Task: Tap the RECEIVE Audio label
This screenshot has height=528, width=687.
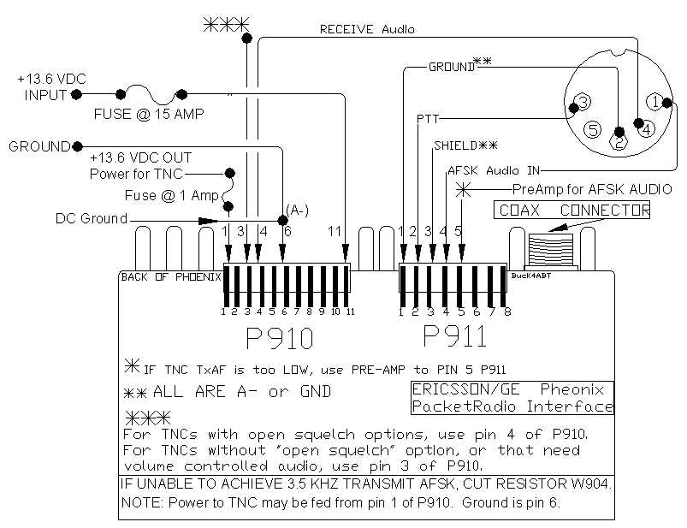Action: [x=366, y=30]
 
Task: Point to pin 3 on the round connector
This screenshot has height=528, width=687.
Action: [x=581, y=104]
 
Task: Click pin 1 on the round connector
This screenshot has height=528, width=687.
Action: [x=654, y=103]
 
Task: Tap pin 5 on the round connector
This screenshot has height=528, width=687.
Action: [x=593, y=131]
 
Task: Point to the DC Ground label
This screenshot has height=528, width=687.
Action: [x=92, y=219]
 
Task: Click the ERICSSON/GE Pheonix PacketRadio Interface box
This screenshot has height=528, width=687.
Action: [x=512, y=398]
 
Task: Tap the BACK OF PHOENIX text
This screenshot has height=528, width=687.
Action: [x=169, y=277]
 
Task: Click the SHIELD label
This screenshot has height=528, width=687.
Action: [x=465, y=145]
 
